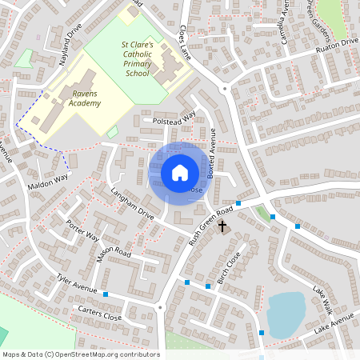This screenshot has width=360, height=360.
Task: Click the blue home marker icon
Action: [180, 173]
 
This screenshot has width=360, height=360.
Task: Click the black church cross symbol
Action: [222, 228]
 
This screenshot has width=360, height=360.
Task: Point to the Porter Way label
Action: [82, 231]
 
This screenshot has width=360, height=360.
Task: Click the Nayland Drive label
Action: [65, 36]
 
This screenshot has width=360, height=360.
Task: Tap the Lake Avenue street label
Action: [333, 325]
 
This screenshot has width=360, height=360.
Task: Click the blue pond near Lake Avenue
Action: [286, 314]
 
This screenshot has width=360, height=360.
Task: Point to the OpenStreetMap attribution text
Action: [81, 354]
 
